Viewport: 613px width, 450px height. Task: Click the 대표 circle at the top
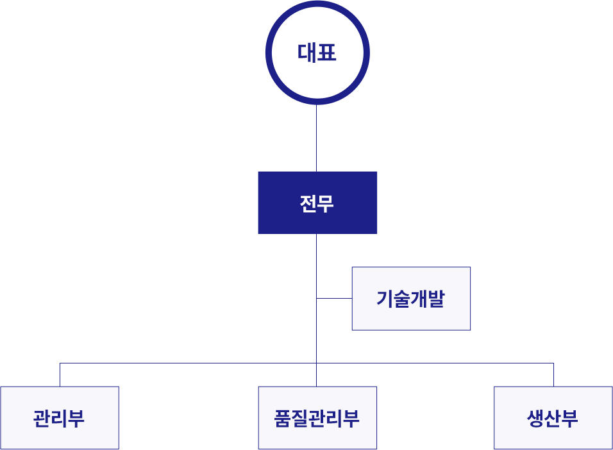click(317, 53)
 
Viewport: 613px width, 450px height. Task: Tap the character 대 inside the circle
click(307, 53)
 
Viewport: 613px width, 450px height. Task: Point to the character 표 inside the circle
click(327, 53)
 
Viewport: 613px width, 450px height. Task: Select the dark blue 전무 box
click(317, 203)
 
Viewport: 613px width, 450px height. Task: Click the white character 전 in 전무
click(308, 203)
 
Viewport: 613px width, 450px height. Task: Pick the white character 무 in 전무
click(326, 203)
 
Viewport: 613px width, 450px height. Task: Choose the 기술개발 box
click(411, 299)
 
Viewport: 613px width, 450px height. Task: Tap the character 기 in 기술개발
click(385, 299)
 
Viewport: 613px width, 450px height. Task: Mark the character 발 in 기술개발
click(437, 299)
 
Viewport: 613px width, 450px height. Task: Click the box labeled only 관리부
click(60, 418)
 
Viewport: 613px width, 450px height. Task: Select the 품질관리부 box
click(317, 418)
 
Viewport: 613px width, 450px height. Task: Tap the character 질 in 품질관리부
click(299, 419)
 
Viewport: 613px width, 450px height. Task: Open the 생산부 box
click(553, 418)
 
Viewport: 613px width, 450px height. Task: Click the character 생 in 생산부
click(535, 419)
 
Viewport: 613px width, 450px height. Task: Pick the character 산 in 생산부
click(553, 419)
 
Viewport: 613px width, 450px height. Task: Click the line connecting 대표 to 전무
click(317, 137)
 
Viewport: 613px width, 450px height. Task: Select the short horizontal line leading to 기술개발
click(334, 299)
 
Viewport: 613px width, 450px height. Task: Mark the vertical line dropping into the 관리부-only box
click(60, 375)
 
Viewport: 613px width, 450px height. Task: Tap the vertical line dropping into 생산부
click(553, 375)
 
